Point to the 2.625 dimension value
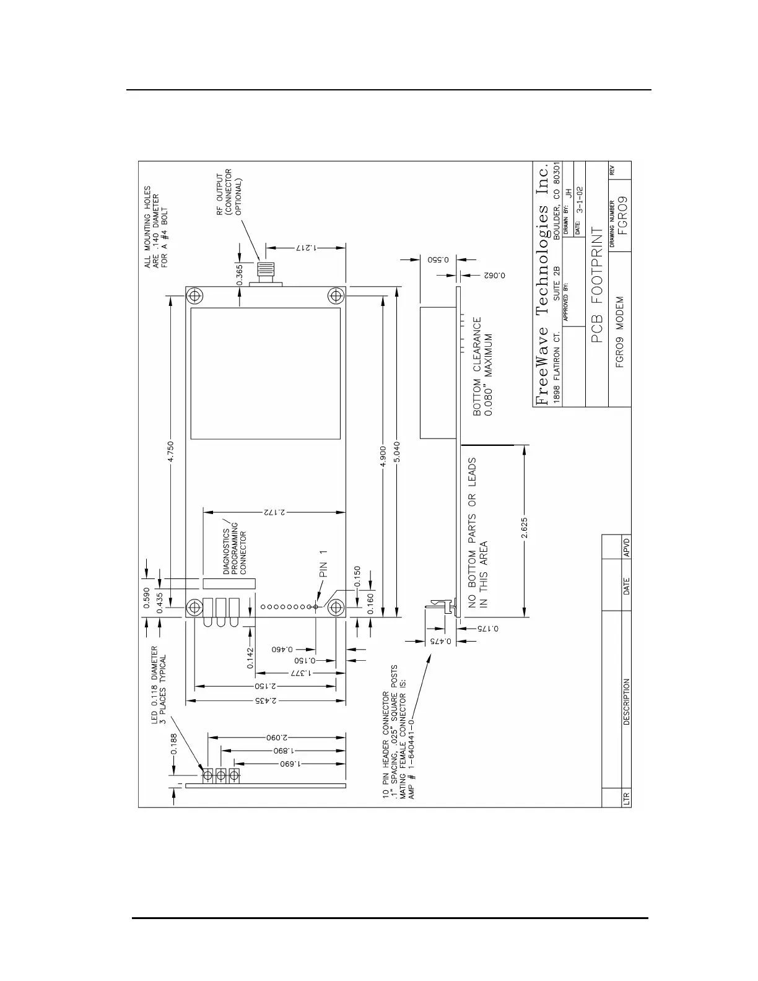(525, 531)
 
